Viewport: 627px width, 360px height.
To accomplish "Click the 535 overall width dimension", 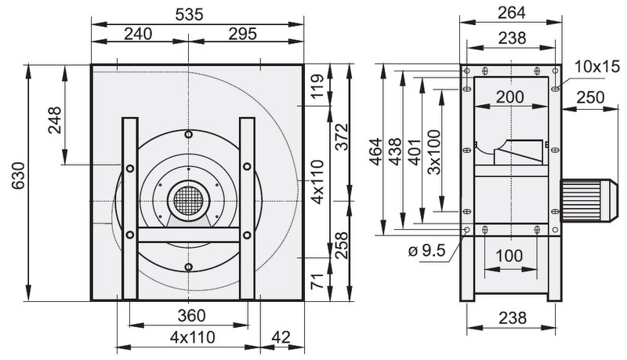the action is click(x=189, y=15).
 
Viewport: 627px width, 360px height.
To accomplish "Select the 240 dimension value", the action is click(x=138, y=34).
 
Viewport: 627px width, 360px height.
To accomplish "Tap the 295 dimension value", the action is click(x=242, y=34).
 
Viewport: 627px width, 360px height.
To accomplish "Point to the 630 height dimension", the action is click(x=18, y=176).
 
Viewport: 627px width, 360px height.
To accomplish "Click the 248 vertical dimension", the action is click(x=55, y=120).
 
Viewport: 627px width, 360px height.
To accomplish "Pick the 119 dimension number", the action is click(x=317, y=86).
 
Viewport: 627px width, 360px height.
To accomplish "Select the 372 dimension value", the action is click(x=342, y=137).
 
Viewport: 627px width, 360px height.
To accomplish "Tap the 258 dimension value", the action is click(x=342, y=245).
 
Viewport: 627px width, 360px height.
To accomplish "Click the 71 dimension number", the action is click(x=317, y=282).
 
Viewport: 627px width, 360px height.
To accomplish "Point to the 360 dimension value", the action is click(x=191, y=316).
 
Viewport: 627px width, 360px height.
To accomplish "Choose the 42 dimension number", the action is click(x=281, y=337).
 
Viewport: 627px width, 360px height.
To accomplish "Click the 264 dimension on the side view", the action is click(x=512, y=13).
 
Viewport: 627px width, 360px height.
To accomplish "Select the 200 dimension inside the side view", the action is click(x=510, y=96).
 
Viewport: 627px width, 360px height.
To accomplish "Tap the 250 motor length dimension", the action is click(x=591, y=97).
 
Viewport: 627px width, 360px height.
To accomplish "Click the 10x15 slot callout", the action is click(x=597, y=67).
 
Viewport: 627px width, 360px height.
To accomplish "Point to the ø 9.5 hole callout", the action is click(x=426, y=251).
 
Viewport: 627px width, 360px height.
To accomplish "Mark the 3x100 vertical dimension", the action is click(x=434, y=152).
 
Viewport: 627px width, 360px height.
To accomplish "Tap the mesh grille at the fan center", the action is click(x=189, y=201).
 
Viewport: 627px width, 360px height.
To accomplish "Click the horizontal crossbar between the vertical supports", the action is click(x=189, y=235).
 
